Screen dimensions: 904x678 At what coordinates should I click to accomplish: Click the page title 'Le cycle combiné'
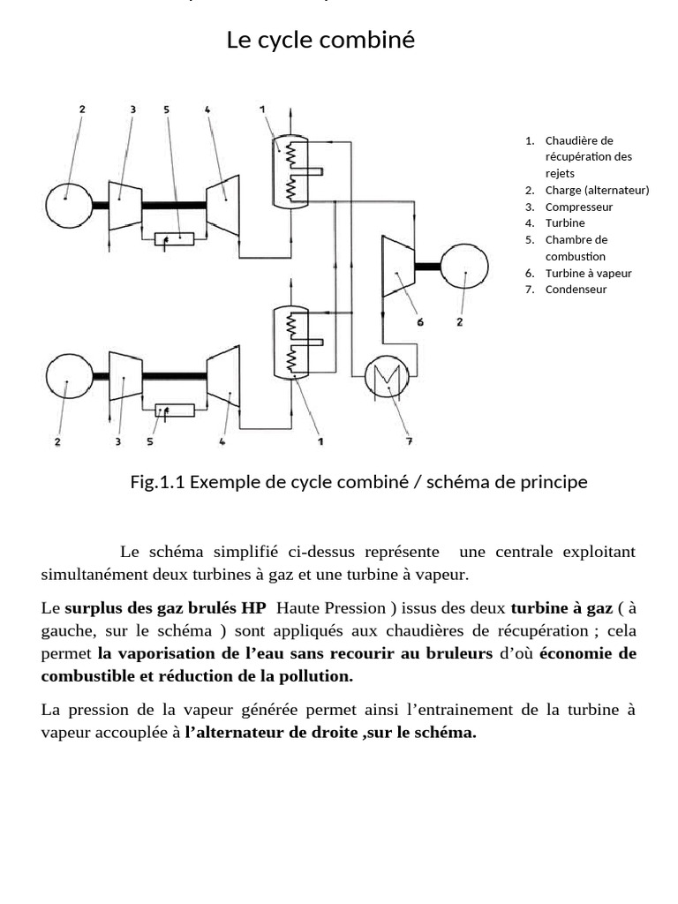tap(320, 40)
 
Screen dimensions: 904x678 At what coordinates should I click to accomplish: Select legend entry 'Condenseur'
tap(576, 289)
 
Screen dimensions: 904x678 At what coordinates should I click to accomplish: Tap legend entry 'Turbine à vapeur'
tap(588, 273)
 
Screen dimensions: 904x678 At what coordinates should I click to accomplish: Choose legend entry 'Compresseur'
tap(578, 207)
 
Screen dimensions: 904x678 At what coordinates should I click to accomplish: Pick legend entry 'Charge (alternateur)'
tap(597, 190)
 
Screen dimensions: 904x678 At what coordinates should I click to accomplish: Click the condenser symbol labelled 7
tap(385, 378)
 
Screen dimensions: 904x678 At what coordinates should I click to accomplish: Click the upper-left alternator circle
tap(68, 205)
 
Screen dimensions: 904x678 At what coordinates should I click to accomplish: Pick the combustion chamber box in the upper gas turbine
tap(174, 237)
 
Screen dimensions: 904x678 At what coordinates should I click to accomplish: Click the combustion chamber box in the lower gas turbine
tap(174, 410)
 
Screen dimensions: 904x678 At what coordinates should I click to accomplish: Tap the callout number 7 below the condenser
tap(409, 440)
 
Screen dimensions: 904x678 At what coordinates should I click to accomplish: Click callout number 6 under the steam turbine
tap(420, 322)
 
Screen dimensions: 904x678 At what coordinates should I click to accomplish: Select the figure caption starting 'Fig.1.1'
tap(358, 482)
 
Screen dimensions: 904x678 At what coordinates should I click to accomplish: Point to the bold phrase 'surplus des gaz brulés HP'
tap(165, 608)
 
